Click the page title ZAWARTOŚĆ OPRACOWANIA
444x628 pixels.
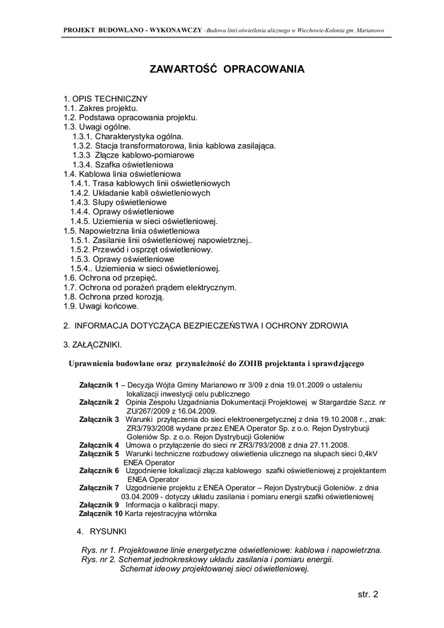(x=227, y=69)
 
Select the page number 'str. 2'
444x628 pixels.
(x=367, y=594)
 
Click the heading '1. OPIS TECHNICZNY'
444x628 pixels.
(x=105, y=98)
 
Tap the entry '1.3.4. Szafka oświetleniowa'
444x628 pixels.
(x=123, y=164)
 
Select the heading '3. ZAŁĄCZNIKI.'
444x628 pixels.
(x=93, y=344)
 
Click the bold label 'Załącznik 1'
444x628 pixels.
(x=99, y=385)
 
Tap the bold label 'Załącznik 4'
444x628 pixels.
(x=99, y=445)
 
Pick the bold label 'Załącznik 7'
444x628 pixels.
(x=99, y=488)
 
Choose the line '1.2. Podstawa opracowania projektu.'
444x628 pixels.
(x=131, y=117)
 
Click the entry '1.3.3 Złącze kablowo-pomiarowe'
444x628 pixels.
(x=133, y=155)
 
